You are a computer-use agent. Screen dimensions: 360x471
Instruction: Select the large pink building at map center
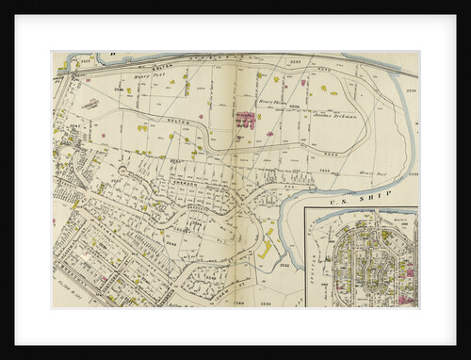pos(245,122)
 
